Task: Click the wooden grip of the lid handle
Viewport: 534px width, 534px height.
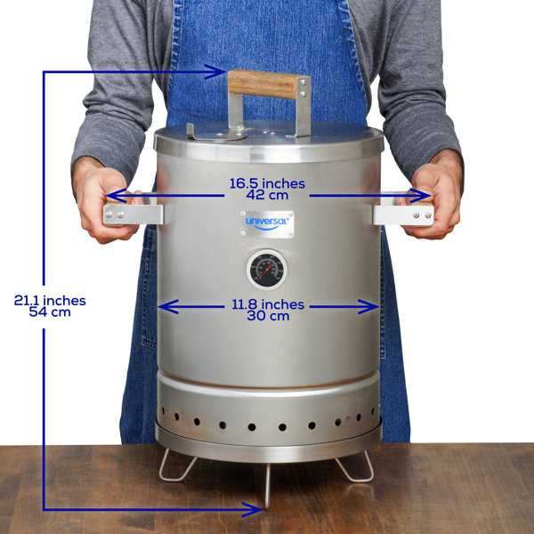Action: point(263,85)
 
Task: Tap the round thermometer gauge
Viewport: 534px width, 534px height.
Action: point(263,270)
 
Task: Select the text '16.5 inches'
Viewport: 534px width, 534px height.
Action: point(267,183)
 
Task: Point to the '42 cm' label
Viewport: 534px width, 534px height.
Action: point(267,196)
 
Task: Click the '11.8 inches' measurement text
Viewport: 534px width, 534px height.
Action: point(267,304)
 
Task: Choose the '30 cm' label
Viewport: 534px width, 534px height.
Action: point(267,316)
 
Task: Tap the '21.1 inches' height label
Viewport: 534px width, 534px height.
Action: point(49,300)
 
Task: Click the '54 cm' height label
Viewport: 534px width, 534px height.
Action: point(49,312)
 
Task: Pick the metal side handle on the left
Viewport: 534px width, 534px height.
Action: point(133,214)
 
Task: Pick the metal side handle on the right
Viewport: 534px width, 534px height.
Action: point(402,214)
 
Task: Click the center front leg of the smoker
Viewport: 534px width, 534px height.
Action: point(266,485)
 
